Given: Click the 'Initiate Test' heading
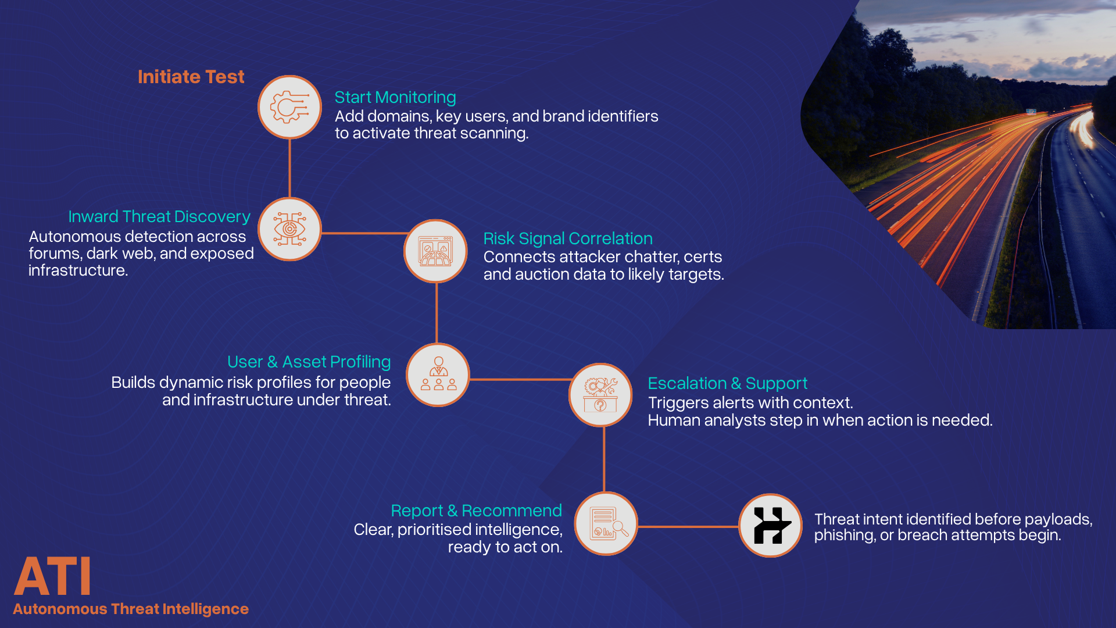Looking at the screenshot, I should point(191,77).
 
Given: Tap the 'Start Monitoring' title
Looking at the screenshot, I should point(395,97).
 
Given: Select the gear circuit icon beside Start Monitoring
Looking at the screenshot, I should point(289,107).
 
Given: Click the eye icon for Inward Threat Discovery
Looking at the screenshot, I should point(289,229).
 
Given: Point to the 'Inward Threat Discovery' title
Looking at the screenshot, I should point(159,216).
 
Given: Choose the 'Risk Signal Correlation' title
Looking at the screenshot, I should point(568,238).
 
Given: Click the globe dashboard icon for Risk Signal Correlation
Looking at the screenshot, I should point(435,251).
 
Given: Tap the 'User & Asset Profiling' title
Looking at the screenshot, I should point(309,362).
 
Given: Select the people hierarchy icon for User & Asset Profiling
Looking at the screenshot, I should point(438,374).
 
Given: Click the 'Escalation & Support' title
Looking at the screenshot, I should point(727,383).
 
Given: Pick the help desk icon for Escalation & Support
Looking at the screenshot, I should point(600,395).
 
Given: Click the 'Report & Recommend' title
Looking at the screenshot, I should point(476,511).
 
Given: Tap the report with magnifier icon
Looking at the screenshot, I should point(606,523).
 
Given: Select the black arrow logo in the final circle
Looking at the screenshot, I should point(771,526).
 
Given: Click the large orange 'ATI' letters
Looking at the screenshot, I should point(52,576).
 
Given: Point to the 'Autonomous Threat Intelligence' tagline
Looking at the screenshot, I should point(131,609).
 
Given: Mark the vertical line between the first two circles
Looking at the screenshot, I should point(289,169).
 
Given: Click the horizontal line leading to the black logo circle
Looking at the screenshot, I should point(688,527).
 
